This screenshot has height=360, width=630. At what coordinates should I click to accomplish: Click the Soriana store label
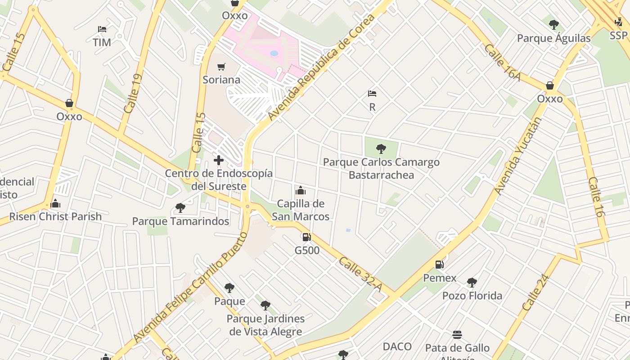(221, 80)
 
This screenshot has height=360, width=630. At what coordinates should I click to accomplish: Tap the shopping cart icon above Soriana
(221, 67)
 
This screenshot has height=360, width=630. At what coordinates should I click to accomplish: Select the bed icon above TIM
(102, 29)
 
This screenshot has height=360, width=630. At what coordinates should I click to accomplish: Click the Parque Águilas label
(553, 38)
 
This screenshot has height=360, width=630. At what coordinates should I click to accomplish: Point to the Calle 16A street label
(502, 63)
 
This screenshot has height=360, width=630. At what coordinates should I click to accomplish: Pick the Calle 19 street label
(133, 94)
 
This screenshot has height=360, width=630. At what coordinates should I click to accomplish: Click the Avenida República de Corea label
(321, 67)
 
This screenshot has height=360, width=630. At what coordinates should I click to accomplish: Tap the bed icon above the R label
(372, 94)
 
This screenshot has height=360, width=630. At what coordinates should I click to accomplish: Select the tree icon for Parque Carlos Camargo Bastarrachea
(381, 148)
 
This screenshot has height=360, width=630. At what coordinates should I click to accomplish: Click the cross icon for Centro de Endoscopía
(219, 160)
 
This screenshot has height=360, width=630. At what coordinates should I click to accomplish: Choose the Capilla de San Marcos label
(301, 210)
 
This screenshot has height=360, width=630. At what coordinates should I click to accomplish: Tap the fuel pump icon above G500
(306, 237)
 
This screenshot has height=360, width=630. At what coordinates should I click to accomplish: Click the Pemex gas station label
(440, 278)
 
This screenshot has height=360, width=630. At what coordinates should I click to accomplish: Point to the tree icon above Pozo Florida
(472, 283)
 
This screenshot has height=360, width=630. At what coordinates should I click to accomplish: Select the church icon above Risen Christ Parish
(56, 203)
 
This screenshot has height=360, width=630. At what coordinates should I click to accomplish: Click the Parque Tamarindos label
(180, 221)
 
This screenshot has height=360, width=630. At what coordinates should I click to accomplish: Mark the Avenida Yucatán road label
(518, 156)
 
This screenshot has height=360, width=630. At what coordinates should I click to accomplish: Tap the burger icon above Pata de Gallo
(457, 335)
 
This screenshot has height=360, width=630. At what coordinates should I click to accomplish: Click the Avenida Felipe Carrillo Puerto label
(191, 288)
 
